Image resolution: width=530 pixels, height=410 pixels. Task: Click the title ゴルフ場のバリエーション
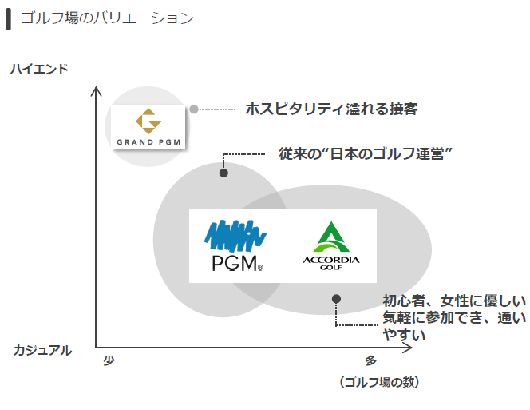coord(107,18)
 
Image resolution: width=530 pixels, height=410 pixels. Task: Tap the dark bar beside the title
coord(8,18)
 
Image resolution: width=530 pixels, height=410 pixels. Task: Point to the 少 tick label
coord(109,360)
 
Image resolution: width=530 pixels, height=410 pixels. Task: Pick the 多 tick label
coord(370,360)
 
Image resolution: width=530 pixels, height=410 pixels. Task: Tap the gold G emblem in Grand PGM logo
coord(148,122)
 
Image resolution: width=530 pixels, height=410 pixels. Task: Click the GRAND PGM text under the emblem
coord(148,144)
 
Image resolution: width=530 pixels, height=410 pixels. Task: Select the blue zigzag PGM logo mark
coord(235,235)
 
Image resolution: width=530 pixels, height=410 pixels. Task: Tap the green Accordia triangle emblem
coord(331,237)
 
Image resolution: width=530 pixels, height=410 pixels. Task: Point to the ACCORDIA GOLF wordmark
coord(331,263)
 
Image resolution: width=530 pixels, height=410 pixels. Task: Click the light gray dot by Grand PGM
coord(194,109)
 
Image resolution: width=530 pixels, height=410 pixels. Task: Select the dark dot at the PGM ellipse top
coord(223,173)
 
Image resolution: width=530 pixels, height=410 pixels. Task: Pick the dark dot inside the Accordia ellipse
coord(336,299)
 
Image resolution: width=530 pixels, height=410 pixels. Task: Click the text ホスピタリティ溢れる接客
coord(331,109)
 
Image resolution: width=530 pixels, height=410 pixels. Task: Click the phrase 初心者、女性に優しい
coord(454,301)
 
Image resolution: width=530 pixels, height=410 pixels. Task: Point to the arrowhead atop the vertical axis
coord(97,90)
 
